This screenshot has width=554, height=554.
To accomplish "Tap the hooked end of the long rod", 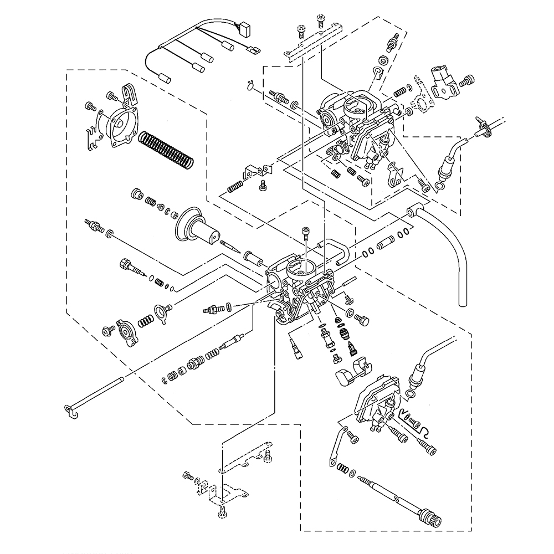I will pyautogui.click(x=69, y=411).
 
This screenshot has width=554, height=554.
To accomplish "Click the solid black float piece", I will pyautogui.click(x=347, y=376).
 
